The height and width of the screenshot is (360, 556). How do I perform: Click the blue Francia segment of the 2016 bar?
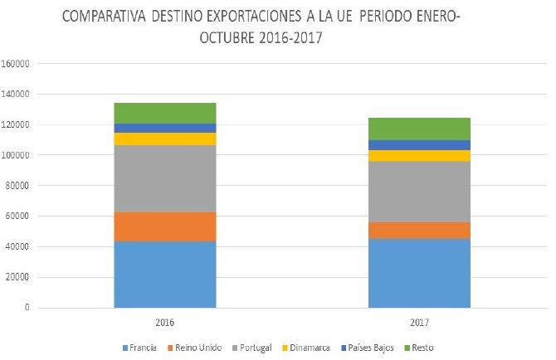click(164, 274)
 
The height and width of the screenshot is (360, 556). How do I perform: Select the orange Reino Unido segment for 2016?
click(164, 226)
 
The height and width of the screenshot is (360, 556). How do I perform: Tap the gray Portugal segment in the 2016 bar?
click(164, 178)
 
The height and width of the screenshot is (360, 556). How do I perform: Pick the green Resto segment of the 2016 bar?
click(164, 113)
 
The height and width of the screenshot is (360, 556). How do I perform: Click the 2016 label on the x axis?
click(164, 321)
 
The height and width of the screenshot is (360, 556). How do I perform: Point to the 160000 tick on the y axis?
click(17, 63)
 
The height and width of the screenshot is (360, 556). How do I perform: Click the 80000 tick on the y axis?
click(19, 186)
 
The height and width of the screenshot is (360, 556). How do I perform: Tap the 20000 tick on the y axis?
click(19, 277)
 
